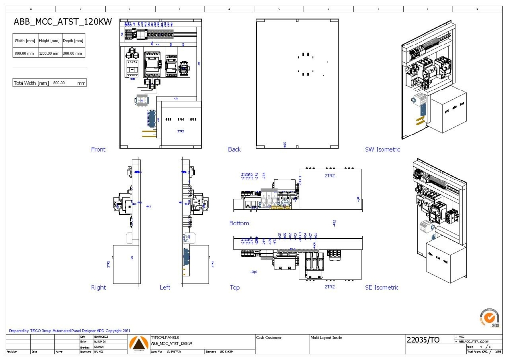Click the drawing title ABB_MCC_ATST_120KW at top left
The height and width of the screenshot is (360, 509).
(63, 22)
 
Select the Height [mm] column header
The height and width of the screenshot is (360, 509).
(49, 41)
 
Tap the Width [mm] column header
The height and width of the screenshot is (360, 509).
(25, 41)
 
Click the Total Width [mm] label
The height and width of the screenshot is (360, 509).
(31, 83)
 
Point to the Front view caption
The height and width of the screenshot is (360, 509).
(98, 149)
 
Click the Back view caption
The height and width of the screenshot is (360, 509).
(234, 149)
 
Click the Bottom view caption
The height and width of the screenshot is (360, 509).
(239, 223)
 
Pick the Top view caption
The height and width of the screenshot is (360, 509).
(234, 287)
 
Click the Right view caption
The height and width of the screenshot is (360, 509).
(98, 287)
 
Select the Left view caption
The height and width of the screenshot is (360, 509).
(165, 287)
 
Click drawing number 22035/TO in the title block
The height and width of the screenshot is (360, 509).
(423, 340)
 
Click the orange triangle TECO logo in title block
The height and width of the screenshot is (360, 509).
(138, 343)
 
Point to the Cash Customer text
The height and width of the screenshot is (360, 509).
(269, 338)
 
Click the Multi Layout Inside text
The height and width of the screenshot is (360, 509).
(326, 338)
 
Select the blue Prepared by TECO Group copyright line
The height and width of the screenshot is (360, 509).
(70, 331)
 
